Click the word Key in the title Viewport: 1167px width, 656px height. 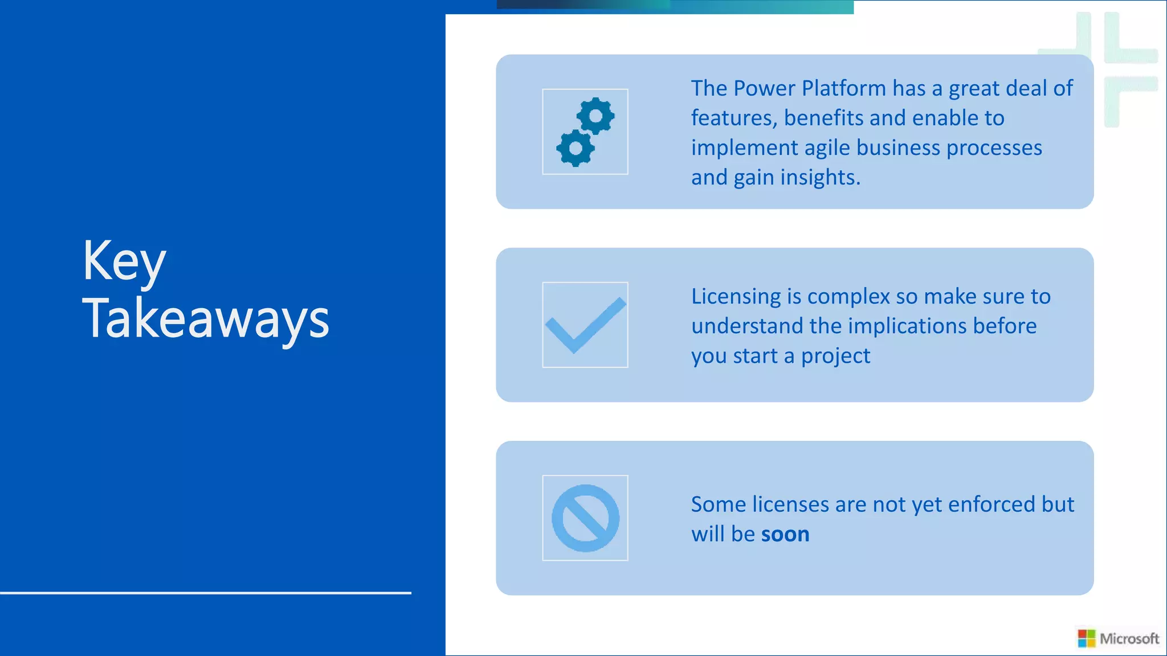tap(124, 263)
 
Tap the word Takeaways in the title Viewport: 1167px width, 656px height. tap(206, 319)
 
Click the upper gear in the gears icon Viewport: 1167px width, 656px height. tap(595, 116)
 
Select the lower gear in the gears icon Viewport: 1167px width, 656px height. tap(576, 148)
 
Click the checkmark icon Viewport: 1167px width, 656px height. tap(585, 325)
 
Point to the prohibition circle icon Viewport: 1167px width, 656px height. tap(585, 518)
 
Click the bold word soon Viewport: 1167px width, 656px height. tap(785, 534)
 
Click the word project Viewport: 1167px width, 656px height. tap(835, 356)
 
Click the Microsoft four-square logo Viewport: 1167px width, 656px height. tap(1087, 638)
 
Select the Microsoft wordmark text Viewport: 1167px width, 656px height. tap(1129, 638)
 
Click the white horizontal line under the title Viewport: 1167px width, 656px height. tap(205, 593)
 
